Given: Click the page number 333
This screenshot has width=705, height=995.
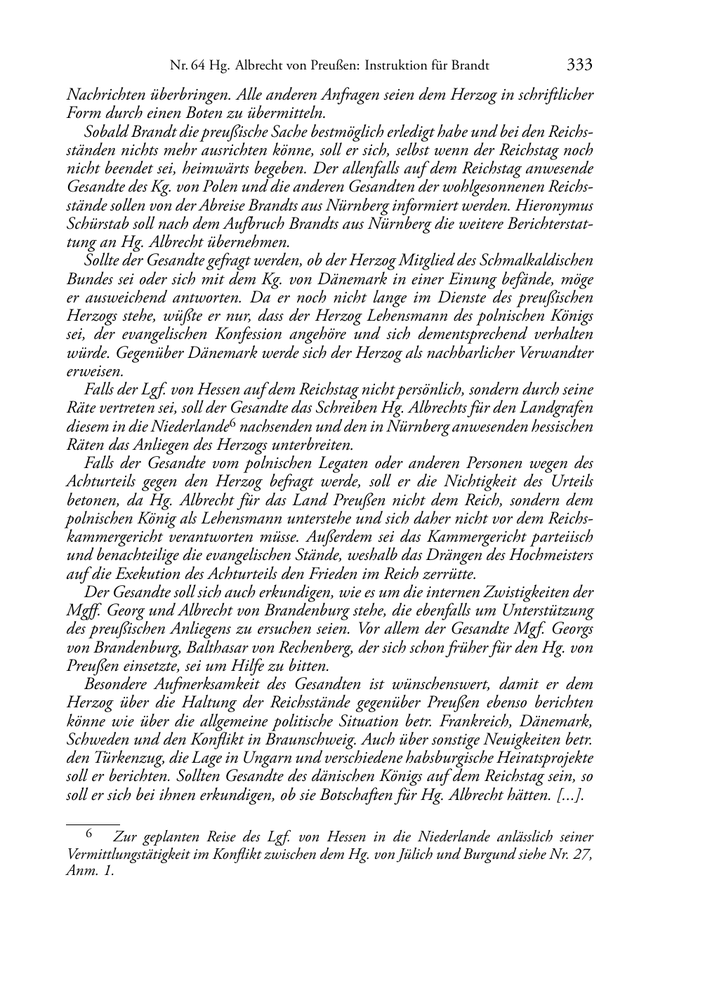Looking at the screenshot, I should [579, 65].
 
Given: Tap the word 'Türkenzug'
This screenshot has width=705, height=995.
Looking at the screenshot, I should [121, 759].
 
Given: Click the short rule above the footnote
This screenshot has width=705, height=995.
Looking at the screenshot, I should [93, 817].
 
